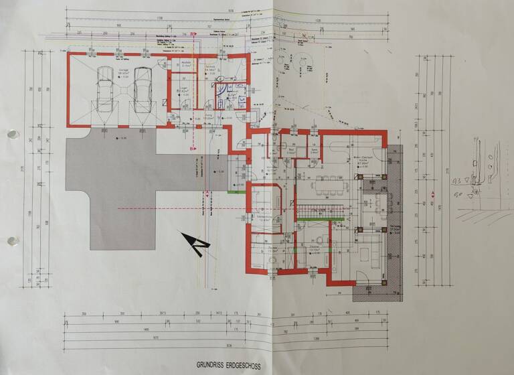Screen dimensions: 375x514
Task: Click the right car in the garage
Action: pos(143,90)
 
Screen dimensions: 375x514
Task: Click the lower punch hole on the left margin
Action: pos(10,241)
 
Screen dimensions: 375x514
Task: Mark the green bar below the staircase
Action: pos(321,219)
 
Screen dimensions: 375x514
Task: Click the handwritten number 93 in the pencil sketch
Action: pos(460,180)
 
